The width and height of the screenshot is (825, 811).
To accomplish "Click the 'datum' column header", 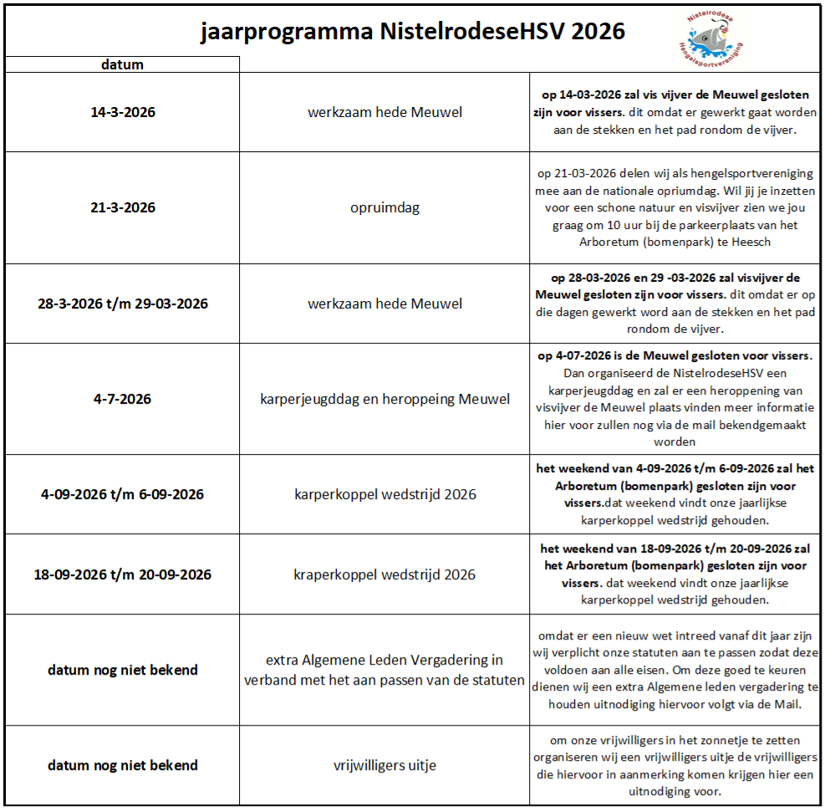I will pos(122,64).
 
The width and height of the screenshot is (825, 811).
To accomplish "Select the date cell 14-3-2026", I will pos(123,112).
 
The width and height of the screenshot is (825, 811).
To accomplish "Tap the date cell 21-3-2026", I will pos(123,207).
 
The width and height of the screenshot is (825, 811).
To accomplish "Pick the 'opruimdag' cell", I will pos(384,207).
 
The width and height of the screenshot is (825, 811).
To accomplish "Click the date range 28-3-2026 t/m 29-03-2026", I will pos(123,303).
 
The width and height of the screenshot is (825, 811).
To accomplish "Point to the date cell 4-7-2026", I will pos(123,399).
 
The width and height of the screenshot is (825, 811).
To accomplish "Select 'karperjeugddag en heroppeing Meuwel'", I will pos(384,399).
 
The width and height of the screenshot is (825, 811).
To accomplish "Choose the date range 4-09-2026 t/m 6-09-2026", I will pos(123,494).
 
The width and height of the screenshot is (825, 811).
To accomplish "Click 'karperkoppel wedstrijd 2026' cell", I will pos(384,494).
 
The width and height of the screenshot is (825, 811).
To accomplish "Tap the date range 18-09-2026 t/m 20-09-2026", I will pos(123,574).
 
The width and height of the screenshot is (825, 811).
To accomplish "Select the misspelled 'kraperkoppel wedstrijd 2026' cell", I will pos(384,574).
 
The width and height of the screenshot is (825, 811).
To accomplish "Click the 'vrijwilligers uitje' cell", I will pos(384,765).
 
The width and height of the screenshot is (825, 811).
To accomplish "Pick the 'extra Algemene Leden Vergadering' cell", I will pos(384,670).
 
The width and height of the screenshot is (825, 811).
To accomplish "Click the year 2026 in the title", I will pos(595,31).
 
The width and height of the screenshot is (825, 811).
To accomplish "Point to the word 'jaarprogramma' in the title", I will pos(287,32).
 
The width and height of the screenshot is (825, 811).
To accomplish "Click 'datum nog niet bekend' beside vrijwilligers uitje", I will pos(123,765).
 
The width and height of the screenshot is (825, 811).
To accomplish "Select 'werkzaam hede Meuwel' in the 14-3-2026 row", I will pos(384,112).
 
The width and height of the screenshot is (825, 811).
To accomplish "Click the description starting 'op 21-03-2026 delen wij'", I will pos(675,207).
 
